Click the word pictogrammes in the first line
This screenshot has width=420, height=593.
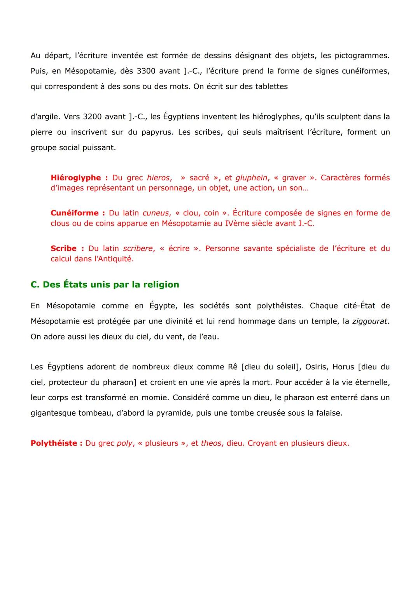[362, 56]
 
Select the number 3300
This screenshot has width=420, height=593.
[146, 71]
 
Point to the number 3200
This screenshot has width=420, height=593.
[92, 117]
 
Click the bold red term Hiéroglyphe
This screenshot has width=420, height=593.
[76, 178]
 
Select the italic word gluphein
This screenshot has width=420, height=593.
[252, 178]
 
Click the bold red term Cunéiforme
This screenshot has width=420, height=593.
[75, 213]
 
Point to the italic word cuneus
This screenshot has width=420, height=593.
[156, 213]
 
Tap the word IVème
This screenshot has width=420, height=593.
[238, 224]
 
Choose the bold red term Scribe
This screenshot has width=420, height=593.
[63, 248]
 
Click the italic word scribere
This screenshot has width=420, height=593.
[138, 248]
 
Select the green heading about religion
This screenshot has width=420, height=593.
[105, 285]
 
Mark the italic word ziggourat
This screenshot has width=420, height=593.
[370, 321]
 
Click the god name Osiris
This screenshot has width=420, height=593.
[316, 367]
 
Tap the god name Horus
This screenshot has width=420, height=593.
[343, 367]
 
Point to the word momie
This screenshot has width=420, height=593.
[156, 398]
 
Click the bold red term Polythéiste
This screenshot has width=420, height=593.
[54, 443]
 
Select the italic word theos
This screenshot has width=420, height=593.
[211, 443]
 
